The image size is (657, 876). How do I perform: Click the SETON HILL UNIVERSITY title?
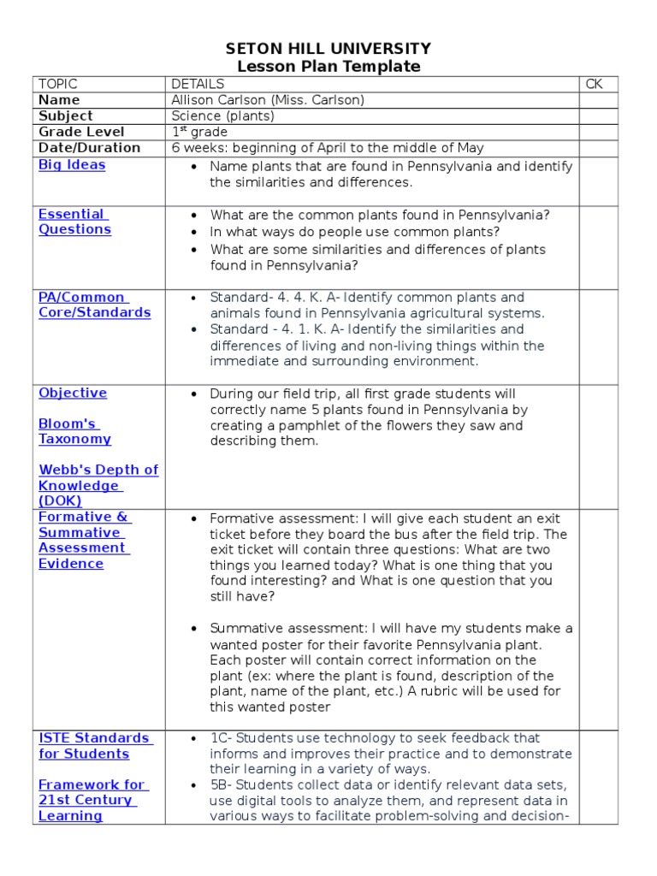tap(328, 49)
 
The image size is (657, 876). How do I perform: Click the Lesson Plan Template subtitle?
tap(328, 67)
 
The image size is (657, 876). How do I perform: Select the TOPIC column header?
tap(58, 84)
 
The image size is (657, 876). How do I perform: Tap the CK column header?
tap(594, 84)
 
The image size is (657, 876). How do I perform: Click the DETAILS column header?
tap(198, 84)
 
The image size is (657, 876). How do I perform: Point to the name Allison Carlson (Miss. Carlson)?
tap(268, 100)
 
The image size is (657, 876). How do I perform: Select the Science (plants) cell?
tap(222, 115)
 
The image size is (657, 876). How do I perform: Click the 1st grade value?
tap(199, 132)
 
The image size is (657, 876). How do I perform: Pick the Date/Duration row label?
tap(89, 147)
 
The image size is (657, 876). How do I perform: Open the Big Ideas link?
tap(72, 165)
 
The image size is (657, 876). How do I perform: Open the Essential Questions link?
tap(74, 222)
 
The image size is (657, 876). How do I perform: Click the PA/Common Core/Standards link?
tap(94, 305)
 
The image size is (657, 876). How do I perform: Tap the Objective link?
tap(73, 394)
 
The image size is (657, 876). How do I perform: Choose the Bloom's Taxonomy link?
tap(74, 431)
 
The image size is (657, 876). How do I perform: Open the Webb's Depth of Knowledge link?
tap(98, 485)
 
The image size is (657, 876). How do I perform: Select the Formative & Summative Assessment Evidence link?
tap(84, 540)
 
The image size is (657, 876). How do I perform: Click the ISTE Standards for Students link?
tap(94, 745)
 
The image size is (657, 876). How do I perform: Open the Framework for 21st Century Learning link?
tap(92, 800)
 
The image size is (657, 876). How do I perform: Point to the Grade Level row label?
tap(81, 132)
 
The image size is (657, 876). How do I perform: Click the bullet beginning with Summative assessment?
tap(390, 668)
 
